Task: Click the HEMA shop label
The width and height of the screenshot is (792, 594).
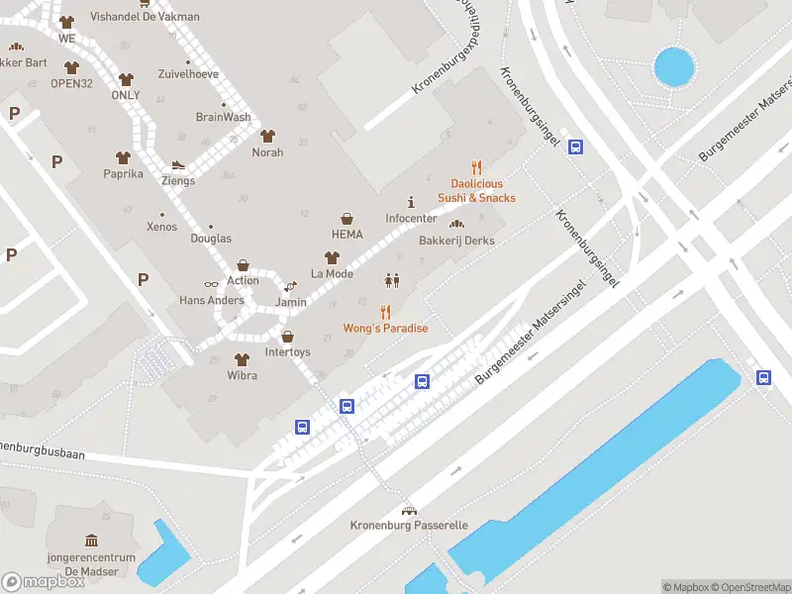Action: [x=347, y=235]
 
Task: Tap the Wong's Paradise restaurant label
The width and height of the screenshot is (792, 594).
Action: [x=385, y=328]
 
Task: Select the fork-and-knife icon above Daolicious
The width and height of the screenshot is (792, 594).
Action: [x=476, y=167]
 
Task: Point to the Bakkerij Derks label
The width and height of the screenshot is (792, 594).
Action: [x=456, y=241]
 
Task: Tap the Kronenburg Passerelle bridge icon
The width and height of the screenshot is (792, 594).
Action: [x=408, y=510]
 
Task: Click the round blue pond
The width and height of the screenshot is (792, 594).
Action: [x=674, y=67]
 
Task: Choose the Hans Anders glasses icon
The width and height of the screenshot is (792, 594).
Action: [x=211, y=284]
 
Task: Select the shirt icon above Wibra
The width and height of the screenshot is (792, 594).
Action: [x=241, y=359]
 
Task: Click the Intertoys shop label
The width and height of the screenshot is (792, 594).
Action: [x=287, y=351]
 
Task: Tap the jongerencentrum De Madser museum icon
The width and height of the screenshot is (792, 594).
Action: [x=92, y=541]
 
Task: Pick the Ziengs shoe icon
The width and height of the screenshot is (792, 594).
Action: [x=178, y=165]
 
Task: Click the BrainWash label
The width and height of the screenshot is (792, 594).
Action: [x=223, y=117]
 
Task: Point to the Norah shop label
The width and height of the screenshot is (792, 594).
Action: [x=267, y=152]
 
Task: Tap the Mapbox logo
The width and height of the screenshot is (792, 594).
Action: [x=44, y=582]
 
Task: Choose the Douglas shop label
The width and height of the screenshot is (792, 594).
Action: [x=210, y=239]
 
